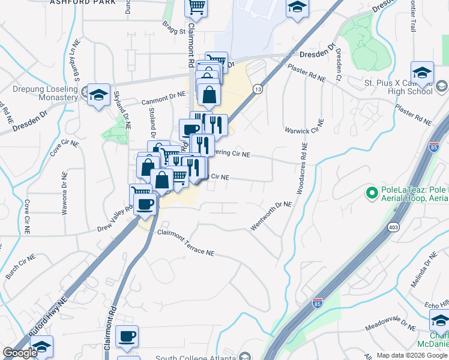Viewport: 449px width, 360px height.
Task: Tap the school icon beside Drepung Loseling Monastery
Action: tap(98, 95)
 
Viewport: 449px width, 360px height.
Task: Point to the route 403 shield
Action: tap(393, 227)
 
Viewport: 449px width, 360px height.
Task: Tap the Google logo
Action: tap(20, 353)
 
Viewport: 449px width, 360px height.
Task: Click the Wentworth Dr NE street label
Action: tap(271, 215)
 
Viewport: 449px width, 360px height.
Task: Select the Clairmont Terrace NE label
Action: tap(186, 244)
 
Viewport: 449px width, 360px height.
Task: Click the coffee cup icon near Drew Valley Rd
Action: tap(144, 204)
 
